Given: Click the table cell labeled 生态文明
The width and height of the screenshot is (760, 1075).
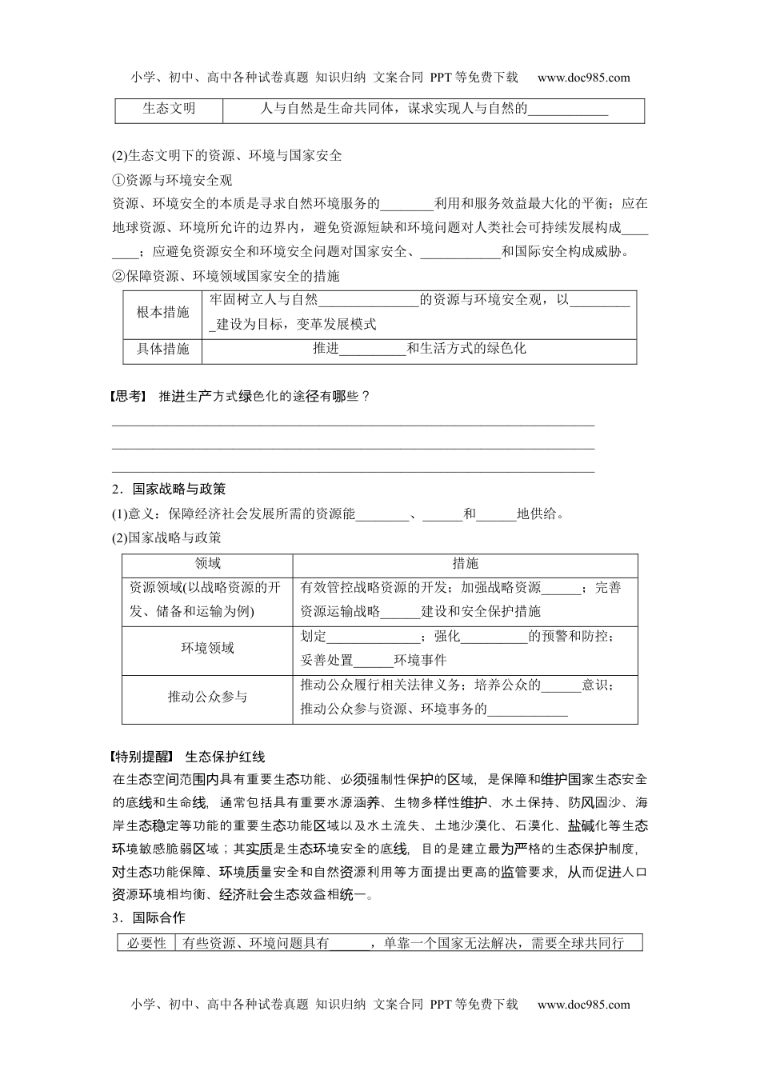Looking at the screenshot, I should click(169, 109).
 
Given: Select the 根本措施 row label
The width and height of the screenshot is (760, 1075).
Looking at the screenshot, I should click(162, 313).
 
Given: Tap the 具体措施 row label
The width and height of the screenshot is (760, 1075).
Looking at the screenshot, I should click(162, 349).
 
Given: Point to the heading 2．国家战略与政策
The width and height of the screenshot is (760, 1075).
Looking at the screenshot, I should click(169, 490).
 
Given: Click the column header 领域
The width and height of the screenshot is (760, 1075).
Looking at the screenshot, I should click(207, 564).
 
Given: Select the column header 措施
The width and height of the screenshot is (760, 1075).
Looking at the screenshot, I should click(465, 564).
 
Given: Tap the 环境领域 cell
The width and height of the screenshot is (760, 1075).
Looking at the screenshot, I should click(207, 648).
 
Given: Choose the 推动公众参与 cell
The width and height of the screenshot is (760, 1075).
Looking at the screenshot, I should click(207, 697).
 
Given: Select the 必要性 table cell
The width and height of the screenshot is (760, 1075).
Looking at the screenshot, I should click(146, 943).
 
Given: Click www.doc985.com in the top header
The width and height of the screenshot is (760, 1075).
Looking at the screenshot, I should click(583, 78).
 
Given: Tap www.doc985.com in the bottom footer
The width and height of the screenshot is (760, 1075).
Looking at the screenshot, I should click(583, 1005).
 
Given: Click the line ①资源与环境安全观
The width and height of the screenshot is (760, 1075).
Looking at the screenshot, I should click(173, 180).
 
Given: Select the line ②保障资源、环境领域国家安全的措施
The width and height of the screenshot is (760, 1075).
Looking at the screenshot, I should click(226, 276).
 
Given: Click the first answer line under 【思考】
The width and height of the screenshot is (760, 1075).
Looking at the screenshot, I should click(353, 426).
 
